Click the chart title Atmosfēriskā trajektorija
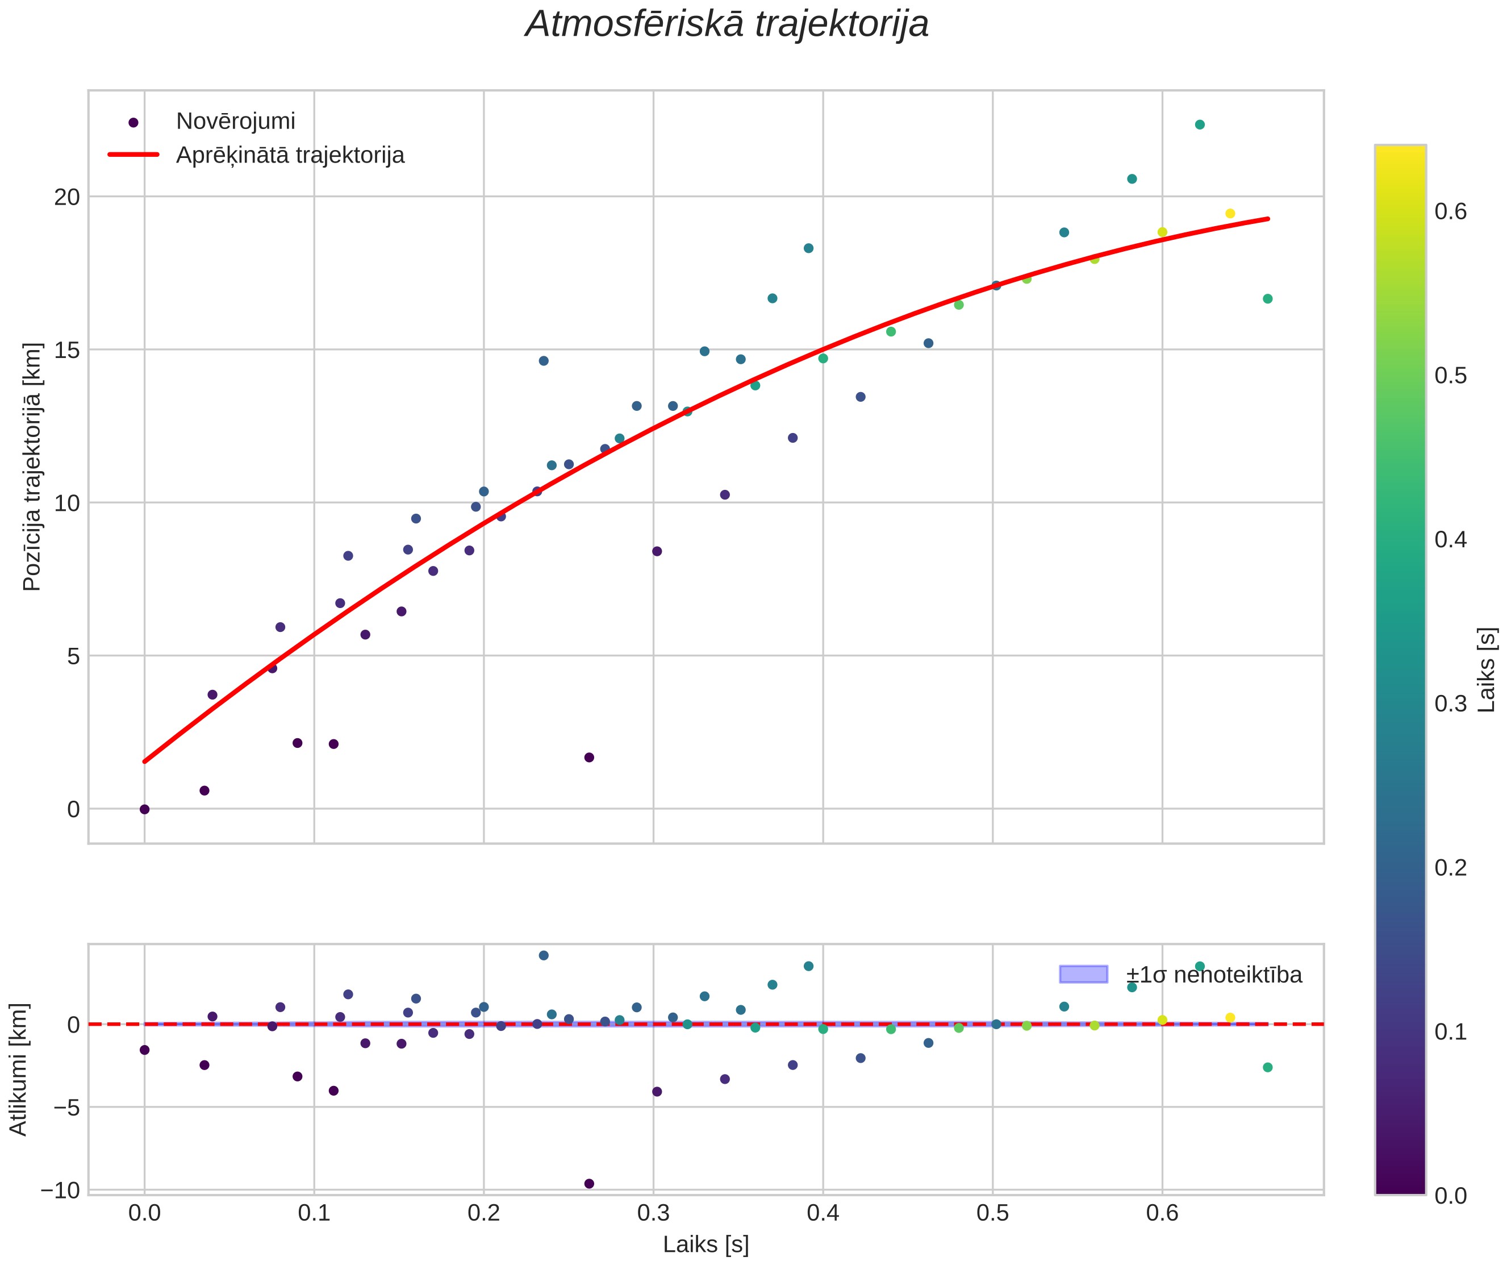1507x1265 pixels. (x=727, y=24)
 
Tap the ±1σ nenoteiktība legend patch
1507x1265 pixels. (x=1084, y=974)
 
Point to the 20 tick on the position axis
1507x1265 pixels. (x=66, y=197)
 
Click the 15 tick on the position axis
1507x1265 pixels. (x=66, y=349)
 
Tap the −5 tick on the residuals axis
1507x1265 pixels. (x=66, y=1107)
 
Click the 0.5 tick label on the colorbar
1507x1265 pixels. (x=1450, y=376)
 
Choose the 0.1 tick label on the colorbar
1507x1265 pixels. (x=1450, y=1031)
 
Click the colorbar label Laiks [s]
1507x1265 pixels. (x=1488, y=670)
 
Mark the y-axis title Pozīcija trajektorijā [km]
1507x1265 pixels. (x=32, y=467)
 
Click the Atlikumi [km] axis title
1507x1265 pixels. (x=18, y=1070)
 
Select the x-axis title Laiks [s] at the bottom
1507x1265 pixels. (x=706, y=1245)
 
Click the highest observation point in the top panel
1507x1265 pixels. (x=1199, y=125)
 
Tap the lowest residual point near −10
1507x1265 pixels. (x=589, y=1184)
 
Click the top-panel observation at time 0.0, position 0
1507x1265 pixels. (x=144, y=809)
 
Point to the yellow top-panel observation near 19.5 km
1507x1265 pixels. (x=1230, y=213)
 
